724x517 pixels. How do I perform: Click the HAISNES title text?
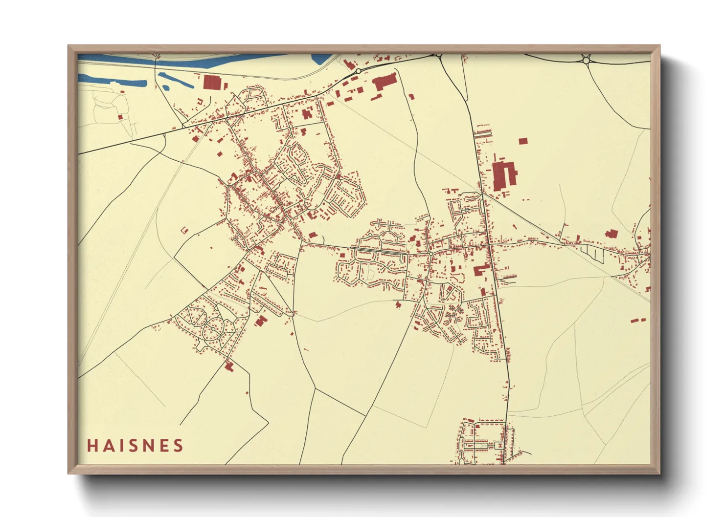(x=135, y=445)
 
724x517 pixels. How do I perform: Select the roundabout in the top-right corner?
(x=586, y=60)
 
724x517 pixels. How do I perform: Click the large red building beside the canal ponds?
(x=212, y=83)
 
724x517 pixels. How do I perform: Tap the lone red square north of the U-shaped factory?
(x=523, y=141)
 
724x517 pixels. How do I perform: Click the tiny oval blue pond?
(x=166, y=88)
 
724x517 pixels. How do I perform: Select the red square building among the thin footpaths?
(x=120, y=117)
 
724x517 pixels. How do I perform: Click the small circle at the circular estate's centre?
(x=214, y=328)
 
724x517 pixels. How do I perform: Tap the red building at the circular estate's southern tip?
(x=228, y=365)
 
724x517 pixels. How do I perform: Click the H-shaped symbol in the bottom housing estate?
(x=498, y=445)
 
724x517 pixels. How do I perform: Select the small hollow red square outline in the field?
(x=184, y=229)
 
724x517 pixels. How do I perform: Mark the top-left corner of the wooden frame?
(x=68, y=46)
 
